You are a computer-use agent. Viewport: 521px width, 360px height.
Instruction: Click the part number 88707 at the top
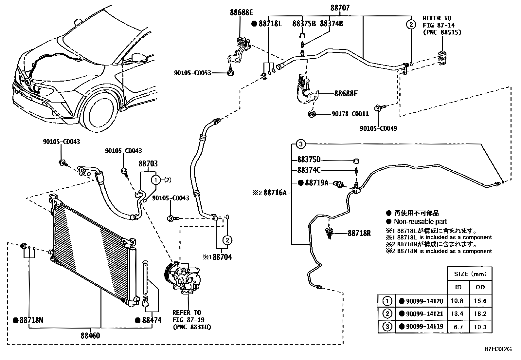340,8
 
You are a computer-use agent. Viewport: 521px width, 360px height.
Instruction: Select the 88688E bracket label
242,12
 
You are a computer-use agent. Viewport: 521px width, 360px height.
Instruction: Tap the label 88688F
346,94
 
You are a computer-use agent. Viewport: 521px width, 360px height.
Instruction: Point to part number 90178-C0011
350,114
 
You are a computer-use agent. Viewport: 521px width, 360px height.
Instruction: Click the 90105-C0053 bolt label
192,73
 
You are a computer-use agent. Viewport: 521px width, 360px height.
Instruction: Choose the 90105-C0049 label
378,128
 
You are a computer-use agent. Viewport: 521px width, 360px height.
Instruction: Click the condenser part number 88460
90,335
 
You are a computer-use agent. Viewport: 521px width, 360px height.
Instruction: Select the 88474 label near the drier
152,320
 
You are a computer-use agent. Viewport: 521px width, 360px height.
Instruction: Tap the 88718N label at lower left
31,320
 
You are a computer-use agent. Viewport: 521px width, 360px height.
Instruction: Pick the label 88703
148,163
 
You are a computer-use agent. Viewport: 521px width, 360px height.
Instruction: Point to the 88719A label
316,183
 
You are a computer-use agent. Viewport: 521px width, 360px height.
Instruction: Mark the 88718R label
359,233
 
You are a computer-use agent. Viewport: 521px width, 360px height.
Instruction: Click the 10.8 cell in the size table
457,301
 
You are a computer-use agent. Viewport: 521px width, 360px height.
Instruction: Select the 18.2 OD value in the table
480,314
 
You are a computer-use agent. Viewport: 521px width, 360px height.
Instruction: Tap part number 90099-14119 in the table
425,326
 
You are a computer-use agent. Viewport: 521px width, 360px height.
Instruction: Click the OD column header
480,287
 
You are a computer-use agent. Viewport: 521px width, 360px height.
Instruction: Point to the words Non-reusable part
421,221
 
